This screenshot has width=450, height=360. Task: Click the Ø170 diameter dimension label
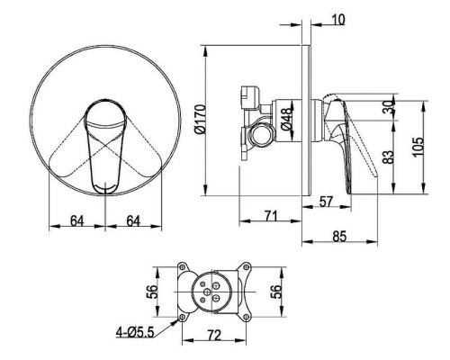click(200, 119)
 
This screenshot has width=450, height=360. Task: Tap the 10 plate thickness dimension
click(338, 20)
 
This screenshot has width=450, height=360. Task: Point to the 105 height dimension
click(418, 147)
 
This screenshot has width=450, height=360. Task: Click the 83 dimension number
click(388, 157)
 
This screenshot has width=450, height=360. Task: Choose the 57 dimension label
click(326, 202)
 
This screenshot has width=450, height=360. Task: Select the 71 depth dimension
click(271, 216)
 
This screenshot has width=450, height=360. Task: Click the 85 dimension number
click(339, 236)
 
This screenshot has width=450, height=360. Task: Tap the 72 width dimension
click(214, 335)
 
